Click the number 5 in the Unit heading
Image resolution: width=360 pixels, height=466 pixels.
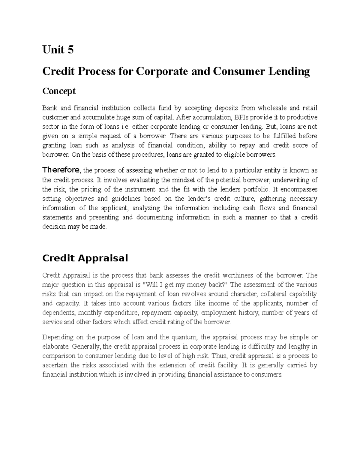(70, 50)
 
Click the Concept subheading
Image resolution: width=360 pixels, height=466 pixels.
(59, 91)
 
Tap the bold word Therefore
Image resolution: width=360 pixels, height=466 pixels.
(61, 170)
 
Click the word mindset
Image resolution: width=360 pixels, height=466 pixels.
(181, 180)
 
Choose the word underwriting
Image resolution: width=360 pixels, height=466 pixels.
(292, 180)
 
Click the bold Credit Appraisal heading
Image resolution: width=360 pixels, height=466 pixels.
(85, 258)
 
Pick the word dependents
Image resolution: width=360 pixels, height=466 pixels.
(59, 313)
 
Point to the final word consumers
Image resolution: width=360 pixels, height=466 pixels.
(267, 374)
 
